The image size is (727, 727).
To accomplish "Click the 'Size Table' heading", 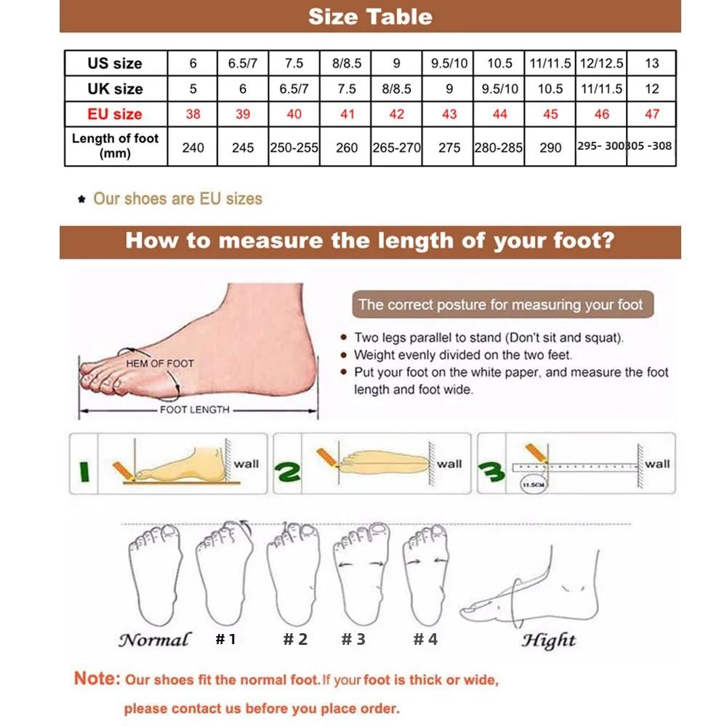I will coord(370,17).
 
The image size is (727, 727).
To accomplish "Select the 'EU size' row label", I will coord(115,114).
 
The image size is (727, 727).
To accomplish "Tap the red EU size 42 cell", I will coord(396,114).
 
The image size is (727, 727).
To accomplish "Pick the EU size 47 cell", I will coord(651,114).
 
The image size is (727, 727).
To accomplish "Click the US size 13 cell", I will coord(651,63).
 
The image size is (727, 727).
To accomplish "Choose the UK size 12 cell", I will coord(651,89).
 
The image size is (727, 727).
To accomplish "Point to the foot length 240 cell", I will coord(193,148).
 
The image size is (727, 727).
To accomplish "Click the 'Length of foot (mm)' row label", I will coord(115,145).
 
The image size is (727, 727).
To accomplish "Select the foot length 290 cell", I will coord(550,148).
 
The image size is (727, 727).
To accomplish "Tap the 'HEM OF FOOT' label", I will coord(160,363).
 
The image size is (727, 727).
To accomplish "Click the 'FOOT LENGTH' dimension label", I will coord(194,410).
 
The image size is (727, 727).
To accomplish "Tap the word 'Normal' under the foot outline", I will coord(154,640).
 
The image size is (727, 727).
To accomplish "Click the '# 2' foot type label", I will coord(295,639).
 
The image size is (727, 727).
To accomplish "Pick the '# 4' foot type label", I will coord(426,639).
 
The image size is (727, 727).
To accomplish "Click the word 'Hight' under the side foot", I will coord(549,640).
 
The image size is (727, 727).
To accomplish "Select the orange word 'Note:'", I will coord(97,679).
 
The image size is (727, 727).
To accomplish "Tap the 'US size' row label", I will coord(115,63).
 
